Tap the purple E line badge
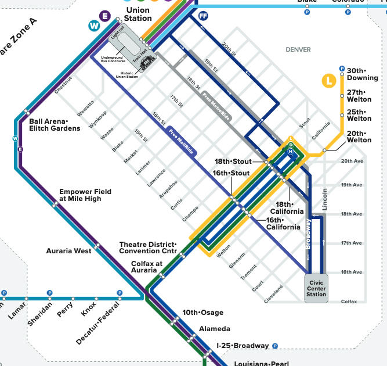click(105, 16)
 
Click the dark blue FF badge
click(202, 16)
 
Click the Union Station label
click(137, 14)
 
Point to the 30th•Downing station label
click(362, 74)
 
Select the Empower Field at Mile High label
click(80, 195)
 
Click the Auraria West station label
click(68, 251)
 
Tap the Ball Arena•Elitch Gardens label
click(55, 125)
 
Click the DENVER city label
click(298, 50)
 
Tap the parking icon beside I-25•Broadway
click(275, 346)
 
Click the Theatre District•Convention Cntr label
click(147, 247)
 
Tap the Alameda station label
click(215, 329)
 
